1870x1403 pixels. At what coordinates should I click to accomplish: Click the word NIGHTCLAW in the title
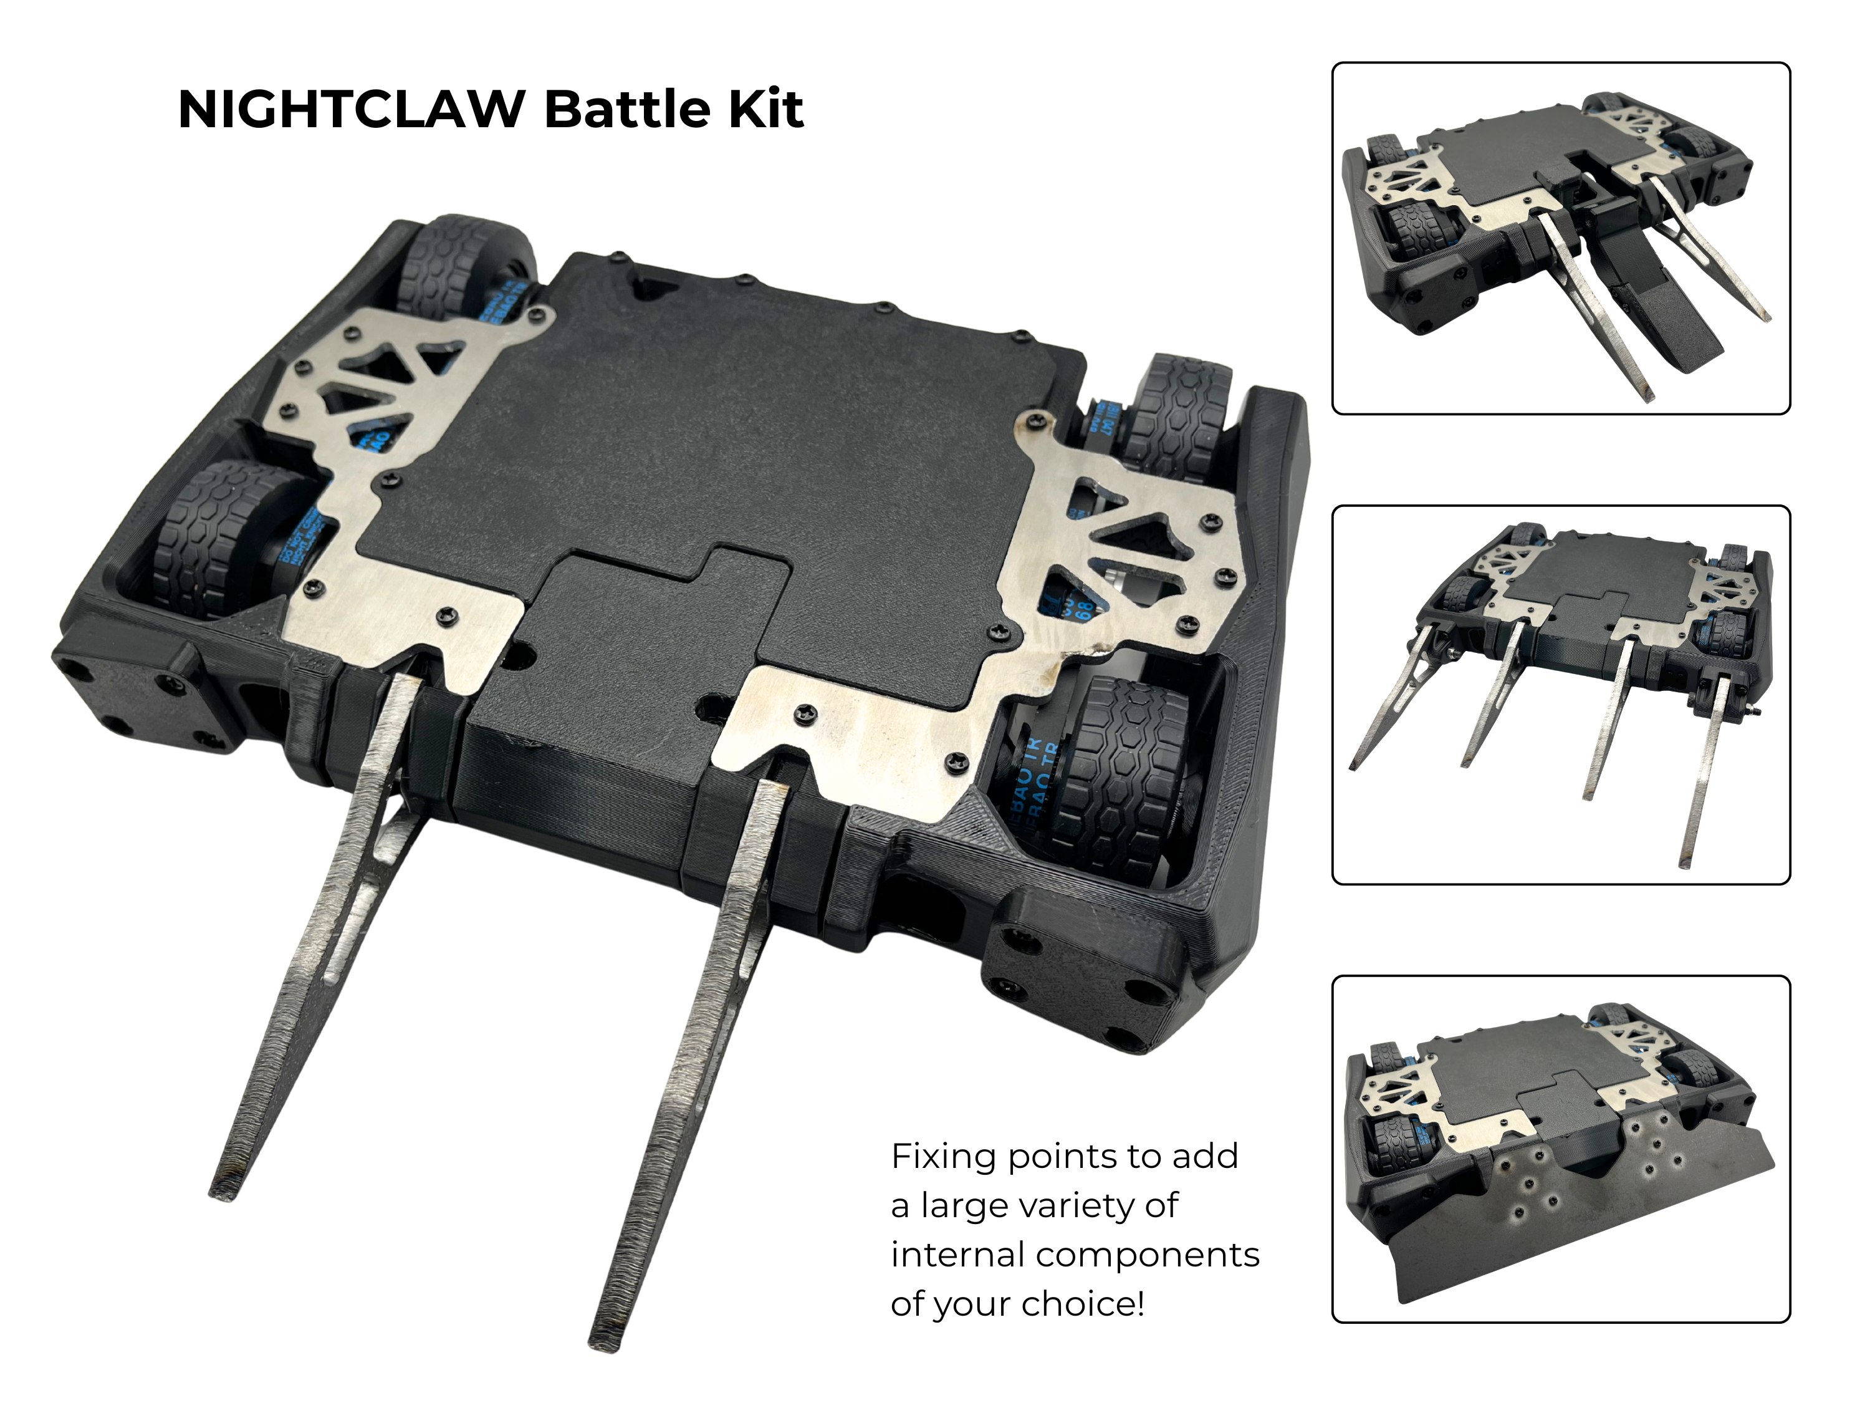point(351,110)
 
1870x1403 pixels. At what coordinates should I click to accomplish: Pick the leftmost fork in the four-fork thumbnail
point(1386,702)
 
